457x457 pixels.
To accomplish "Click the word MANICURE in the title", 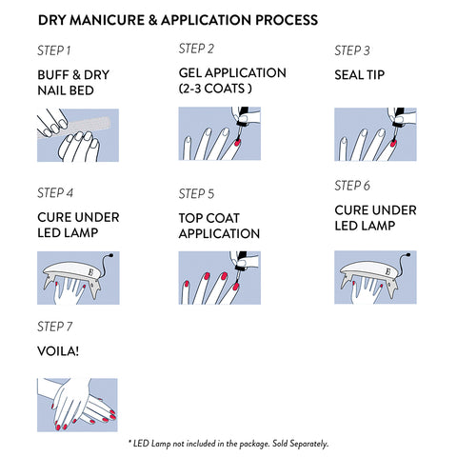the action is point(107,20).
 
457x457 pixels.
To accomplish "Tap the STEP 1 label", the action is point(54,50).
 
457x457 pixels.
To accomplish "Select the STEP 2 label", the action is point(196,49).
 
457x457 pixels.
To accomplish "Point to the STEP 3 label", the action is point(352,50).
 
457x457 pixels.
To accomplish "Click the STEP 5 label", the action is point(196,193).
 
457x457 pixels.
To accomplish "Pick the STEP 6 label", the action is point(352,186).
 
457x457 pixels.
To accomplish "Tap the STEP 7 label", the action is point(55,327).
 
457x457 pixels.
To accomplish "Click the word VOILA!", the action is point(58,351).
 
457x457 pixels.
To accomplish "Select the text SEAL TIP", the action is point(360,75).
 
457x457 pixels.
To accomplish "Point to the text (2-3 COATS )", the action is point(215,89).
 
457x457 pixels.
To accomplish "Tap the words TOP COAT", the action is point(209,218).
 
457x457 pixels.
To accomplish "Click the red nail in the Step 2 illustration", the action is point(237,143).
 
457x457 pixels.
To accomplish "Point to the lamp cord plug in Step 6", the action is point(407,254).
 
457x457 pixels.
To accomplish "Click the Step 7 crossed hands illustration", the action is point(77,405).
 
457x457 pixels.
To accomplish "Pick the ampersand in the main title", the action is point(152,20).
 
